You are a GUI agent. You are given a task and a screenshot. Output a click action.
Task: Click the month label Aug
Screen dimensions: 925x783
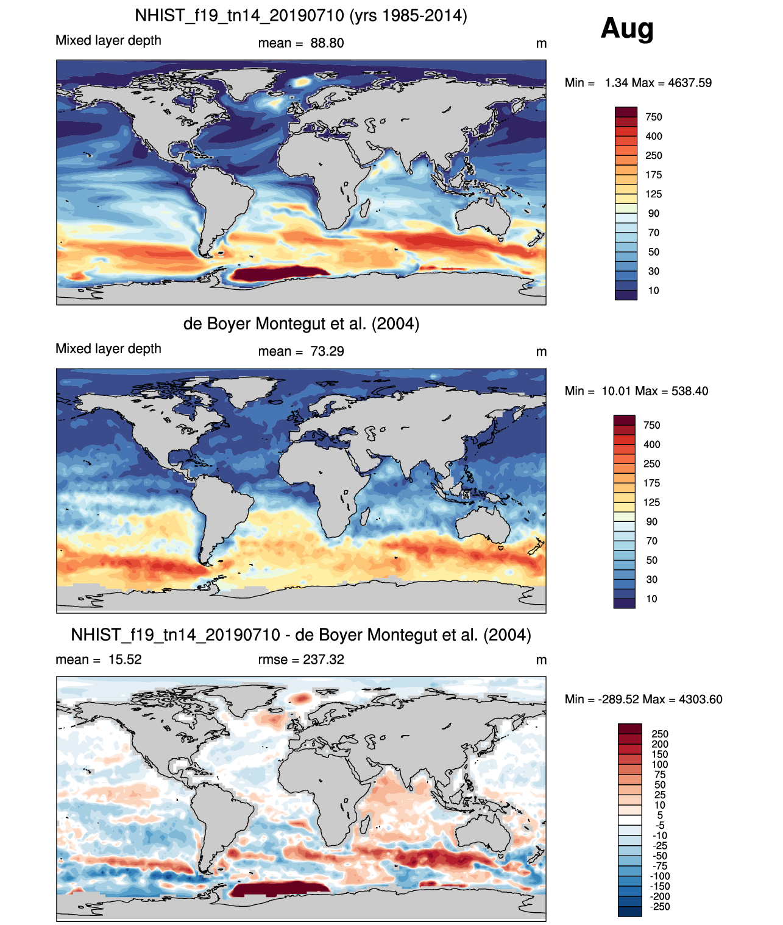click(x=627, y=28)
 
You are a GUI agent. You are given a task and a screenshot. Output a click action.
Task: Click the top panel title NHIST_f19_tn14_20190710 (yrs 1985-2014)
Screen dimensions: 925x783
click(x=301, y=15)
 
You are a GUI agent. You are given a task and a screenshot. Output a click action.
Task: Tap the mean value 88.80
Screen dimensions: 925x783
click(x=327, y=43)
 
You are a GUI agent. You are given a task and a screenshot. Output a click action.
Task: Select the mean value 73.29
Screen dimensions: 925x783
click(x=327, y=351)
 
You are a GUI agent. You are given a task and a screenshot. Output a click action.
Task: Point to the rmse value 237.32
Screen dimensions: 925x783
click(x=324, y=659)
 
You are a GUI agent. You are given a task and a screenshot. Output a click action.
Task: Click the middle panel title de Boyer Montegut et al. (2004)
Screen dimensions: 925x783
click(x=301, y=323)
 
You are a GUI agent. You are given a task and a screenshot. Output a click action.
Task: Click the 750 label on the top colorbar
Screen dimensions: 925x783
click(x=654, y=117)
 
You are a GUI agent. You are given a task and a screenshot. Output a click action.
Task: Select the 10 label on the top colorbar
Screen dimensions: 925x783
click(x=654, y=290)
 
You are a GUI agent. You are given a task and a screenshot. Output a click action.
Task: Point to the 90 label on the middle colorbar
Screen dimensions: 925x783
click(x=652, y=522)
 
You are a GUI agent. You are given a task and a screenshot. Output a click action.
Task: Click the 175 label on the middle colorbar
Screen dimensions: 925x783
click(x=652, y=483)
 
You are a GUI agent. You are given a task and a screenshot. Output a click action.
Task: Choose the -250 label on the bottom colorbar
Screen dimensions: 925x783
click(x=661, y=907)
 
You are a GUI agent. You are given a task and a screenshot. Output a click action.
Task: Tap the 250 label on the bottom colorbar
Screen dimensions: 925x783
click(x=660, y=734)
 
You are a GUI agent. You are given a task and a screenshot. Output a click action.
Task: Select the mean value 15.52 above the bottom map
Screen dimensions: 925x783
click(x=125, y=659)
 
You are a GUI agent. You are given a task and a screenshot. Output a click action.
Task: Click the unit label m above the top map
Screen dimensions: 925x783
click(x=541, y=43)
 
